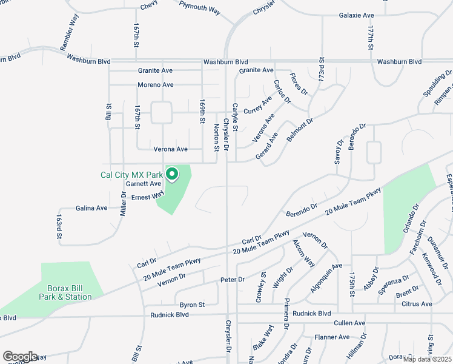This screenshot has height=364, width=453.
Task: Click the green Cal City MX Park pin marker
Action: tap(172, 175)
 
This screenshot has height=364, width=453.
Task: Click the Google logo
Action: tap(20, 357)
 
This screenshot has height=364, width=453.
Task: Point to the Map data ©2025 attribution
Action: tap(427, 359)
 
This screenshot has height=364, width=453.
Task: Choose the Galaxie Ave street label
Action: tap(357, 15)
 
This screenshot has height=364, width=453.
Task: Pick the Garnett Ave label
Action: tap(144, 183)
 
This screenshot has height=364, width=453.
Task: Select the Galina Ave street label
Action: tap(91, 208)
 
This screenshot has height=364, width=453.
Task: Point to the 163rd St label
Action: tap(59, 225)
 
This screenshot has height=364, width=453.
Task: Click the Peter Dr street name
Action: tap(232, 280)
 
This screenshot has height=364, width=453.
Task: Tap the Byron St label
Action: tap(192, 305)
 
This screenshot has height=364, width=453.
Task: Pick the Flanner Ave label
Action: tap(332, 337)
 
